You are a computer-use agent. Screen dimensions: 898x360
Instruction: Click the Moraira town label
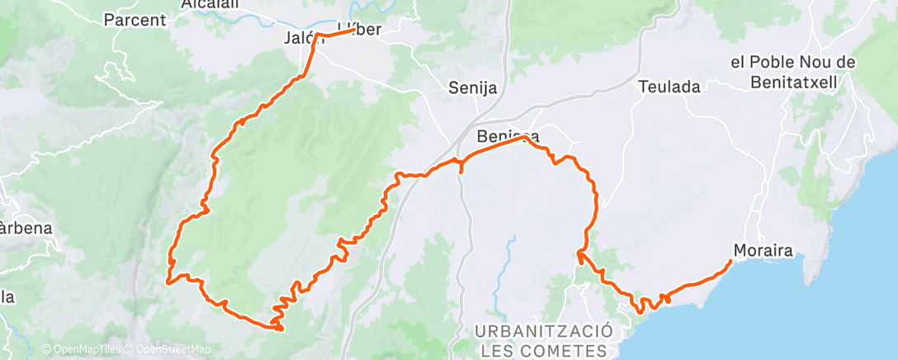(x=758, y=249)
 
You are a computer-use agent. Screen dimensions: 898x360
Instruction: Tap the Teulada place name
(x=669, y=86)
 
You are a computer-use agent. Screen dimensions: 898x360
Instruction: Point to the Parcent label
(x=136, y=19)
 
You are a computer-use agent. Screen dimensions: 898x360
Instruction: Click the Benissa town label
(x=508, y=136)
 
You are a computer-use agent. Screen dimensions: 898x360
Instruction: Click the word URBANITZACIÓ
(x=544, y=330)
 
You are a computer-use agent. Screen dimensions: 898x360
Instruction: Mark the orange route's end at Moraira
(x=731, y=261)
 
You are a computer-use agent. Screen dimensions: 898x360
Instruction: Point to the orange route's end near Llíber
(x=355, y=31)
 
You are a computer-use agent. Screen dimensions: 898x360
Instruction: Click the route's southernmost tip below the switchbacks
(x=281, y=330)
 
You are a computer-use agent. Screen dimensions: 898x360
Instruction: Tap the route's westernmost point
(x=168, y=282)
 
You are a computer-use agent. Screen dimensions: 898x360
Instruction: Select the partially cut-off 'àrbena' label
(x=25, y=228)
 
